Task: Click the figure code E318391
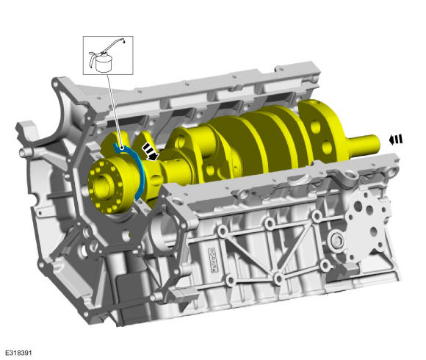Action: (18, 353)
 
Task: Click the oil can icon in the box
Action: (106, 56)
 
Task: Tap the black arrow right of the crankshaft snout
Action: (396, 140)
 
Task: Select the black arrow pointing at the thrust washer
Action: (151, 152)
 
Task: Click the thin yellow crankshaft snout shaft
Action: (364, 146)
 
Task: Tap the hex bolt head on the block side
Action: (338, 240)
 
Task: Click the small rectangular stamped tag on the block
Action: (214, 260)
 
